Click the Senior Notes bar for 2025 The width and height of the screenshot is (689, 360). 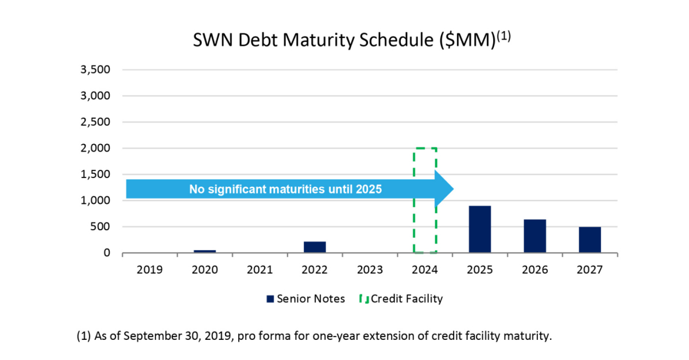479,229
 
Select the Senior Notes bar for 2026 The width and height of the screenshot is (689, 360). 535,236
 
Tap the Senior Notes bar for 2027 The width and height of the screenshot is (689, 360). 590,239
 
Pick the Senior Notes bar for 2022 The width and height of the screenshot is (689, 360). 315,247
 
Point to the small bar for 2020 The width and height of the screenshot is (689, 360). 204,251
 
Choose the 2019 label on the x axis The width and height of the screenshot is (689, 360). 149,269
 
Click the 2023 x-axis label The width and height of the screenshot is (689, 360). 370,269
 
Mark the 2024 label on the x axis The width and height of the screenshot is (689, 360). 425,269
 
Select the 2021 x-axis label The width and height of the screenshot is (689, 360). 260,269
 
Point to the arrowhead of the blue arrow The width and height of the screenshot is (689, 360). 445,189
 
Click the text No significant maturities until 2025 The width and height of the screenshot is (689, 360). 285,189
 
